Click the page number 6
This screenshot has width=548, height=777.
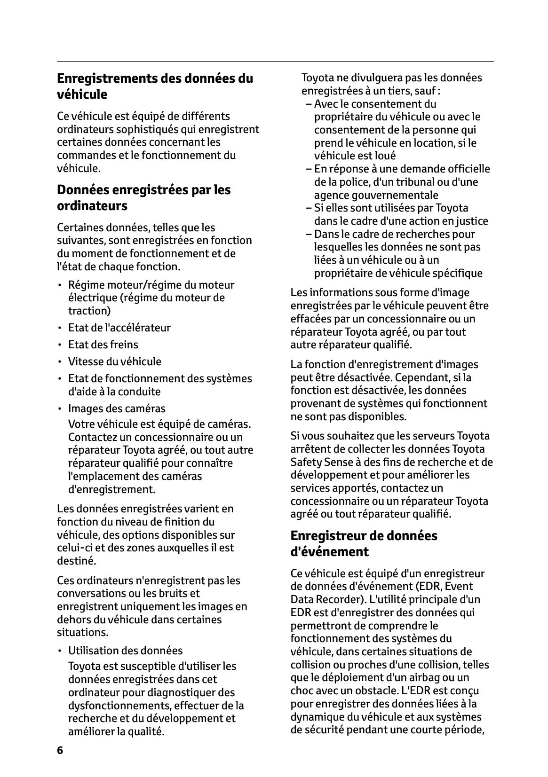tap(60, 750)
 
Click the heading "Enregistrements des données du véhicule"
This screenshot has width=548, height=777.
tap(155, 86)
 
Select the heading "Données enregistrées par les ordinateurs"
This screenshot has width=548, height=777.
tap(143, 197)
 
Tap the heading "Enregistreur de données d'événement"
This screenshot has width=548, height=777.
tap(364, 543)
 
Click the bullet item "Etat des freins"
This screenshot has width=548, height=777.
tap(103, 345)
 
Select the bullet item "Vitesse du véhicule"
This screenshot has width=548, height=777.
tap(114, 361)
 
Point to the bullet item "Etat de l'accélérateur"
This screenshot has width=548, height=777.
tap(119, 328)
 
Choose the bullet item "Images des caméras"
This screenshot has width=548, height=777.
tap(117, 408)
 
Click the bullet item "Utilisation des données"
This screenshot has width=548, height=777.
tap(125, 651)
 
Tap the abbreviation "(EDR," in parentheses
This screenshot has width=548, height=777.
tap(428, 586)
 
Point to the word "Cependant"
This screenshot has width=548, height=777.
tap(421, 377)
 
